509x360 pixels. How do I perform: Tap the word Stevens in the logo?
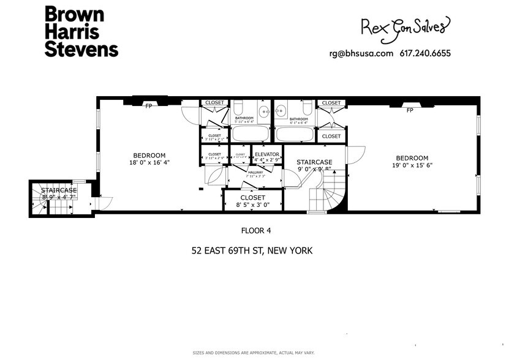[81, 49]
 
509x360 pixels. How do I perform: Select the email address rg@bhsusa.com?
[361, 53]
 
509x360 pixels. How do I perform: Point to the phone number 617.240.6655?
[425, 53]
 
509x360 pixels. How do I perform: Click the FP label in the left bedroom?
[148, 106]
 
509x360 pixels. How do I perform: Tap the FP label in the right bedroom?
[409, 110]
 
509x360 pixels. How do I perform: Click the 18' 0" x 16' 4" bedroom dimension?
[149, 163]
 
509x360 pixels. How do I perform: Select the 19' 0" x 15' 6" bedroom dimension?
[411, 165]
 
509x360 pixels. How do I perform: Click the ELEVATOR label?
[267, 154]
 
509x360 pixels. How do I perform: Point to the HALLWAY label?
[255, 173]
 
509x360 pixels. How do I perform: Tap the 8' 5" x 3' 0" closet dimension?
[252, 206]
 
